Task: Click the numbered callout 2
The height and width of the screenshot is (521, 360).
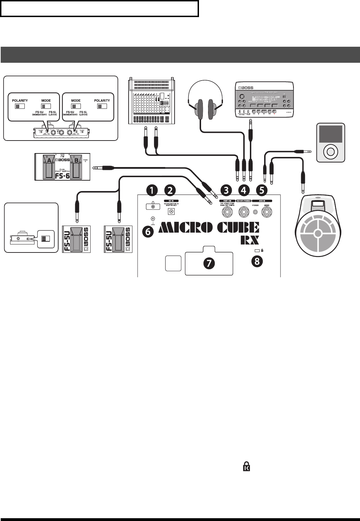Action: [170, 190]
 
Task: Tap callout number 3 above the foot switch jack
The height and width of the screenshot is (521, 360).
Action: [227, 190]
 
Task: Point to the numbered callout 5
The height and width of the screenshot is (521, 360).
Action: [261, 190]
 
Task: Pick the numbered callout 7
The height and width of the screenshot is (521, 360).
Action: [209, 264]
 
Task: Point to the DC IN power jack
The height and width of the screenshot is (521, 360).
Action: [171, 211]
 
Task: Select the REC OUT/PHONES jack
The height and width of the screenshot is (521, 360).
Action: [243, 212]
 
